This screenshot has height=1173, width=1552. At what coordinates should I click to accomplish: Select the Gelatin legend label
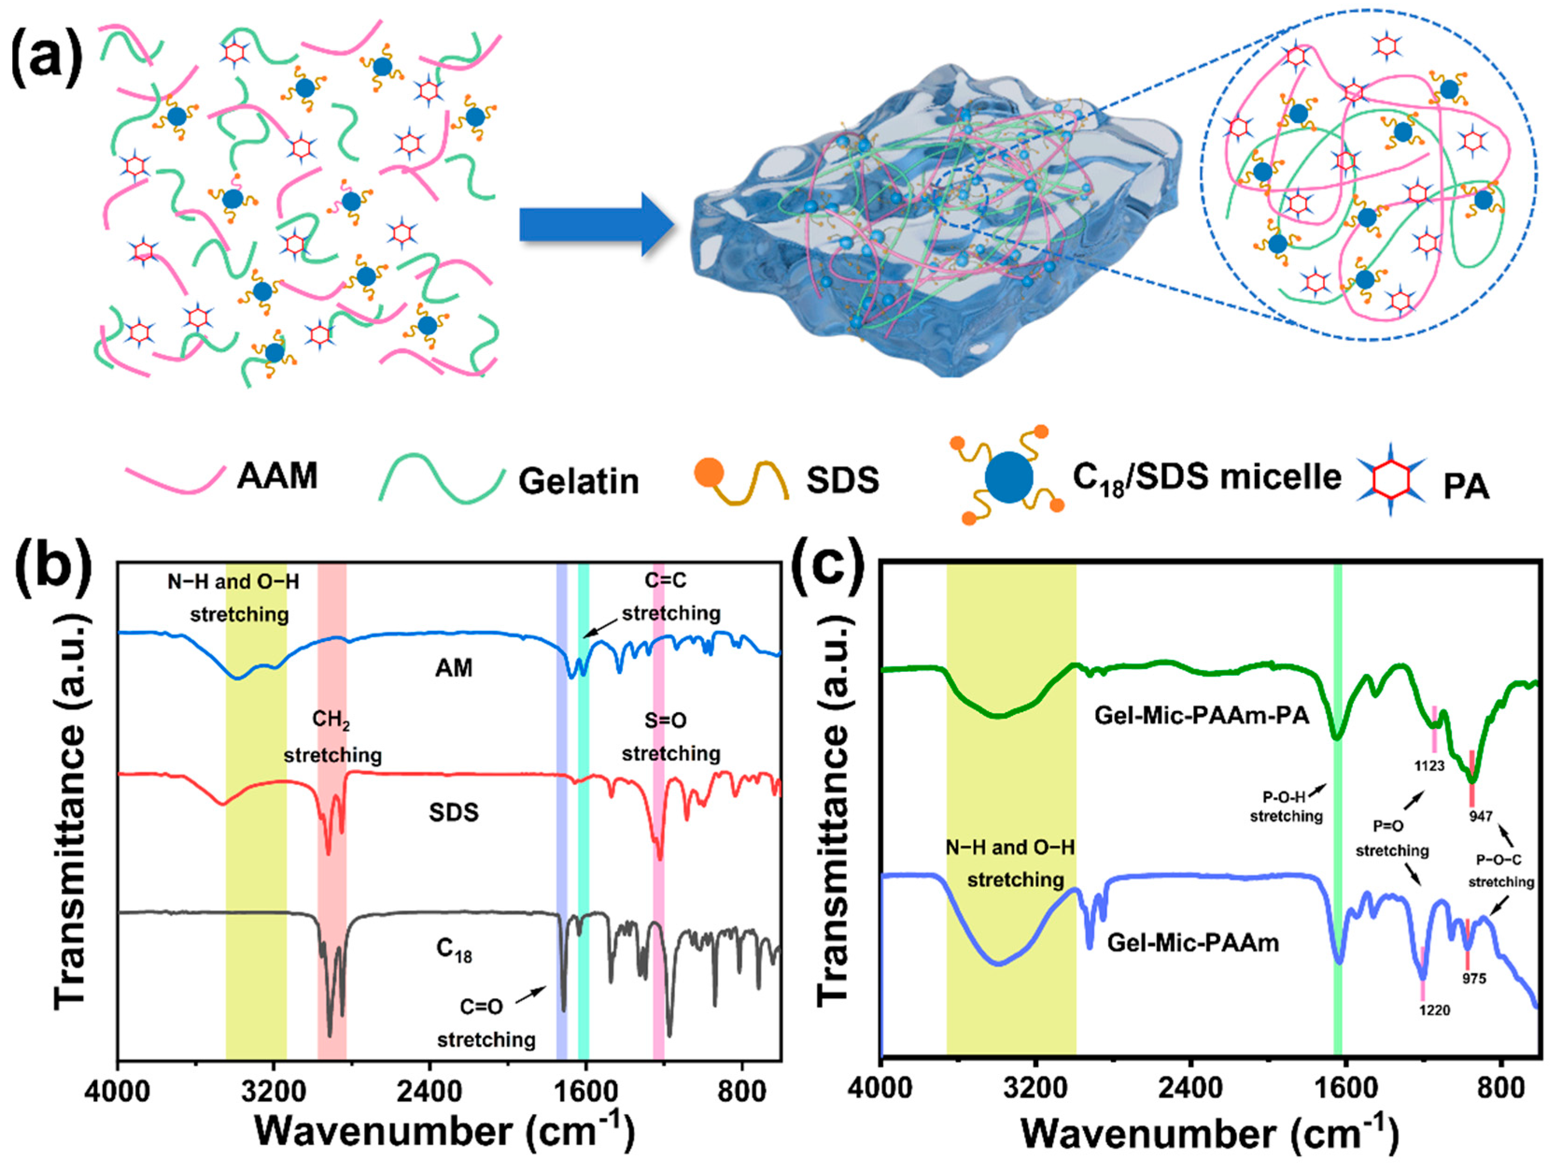coord(578,481)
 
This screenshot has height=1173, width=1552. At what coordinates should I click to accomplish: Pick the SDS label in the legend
coord(842,480)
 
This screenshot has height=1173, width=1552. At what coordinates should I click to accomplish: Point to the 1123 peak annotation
coord(1428,765)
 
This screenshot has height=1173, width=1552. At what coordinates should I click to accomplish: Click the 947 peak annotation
coord(1481,816)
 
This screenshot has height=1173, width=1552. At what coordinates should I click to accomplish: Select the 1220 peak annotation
coord(1434,1010)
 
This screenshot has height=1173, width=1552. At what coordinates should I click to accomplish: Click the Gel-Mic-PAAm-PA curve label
coord(1201,716)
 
